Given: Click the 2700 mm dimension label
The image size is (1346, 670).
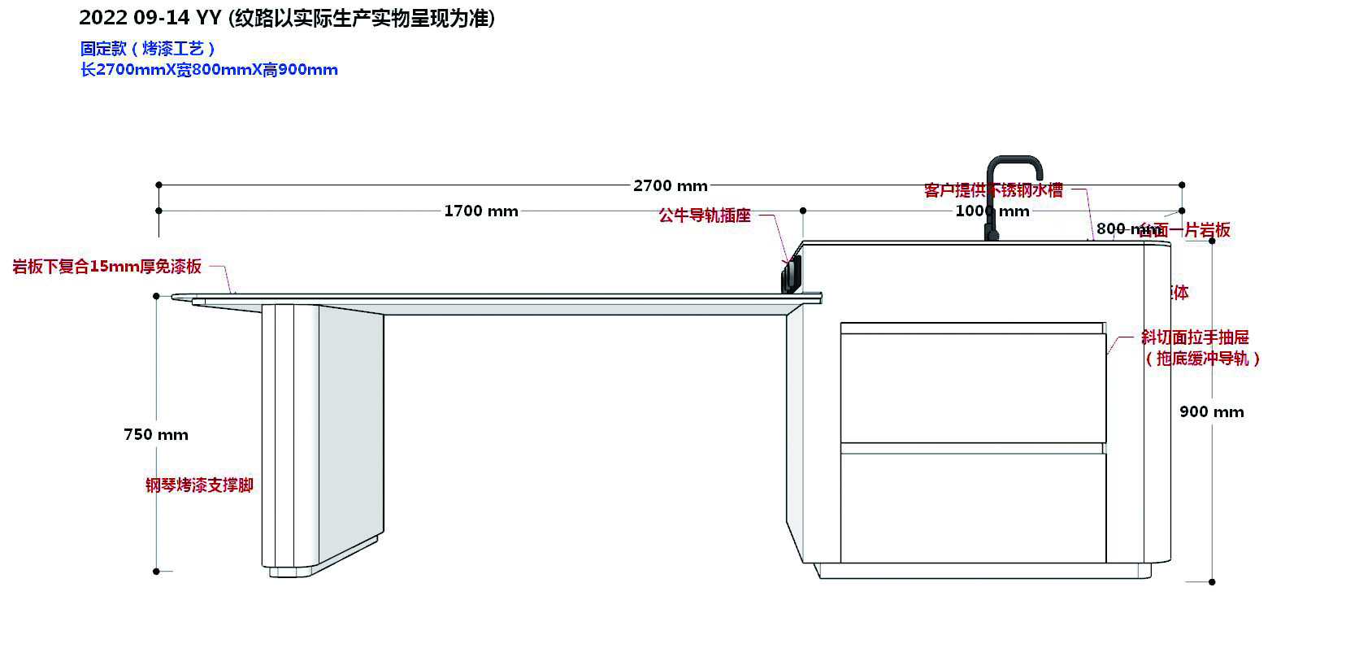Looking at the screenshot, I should (670, 186).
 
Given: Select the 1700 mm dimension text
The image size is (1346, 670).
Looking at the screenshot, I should (480, 211).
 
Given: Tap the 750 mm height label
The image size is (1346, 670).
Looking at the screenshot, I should (155, 435).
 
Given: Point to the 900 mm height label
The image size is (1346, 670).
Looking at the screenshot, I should (1211, 412).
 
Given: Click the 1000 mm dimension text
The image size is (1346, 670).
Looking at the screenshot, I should (992, 211).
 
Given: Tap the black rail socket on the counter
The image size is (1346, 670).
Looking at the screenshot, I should (791, 275).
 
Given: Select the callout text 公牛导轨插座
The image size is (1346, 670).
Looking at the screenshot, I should (705, 216).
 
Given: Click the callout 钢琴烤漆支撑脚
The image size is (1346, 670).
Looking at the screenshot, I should (199, 485).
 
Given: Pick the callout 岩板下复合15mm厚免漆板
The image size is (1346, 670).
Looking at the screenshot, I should (106, 267).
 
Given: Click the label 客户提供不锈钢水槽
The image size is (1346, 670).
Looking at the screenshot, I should (993, 190).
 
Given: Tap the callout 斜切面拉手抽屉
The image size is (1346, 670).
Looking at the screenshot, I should (1194, 337).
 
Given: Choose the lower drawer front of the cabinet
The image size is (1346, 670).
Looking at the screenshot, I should (972, 507).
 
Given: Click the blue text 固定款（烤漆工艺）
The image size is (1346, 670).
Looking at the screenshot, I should (147, 50).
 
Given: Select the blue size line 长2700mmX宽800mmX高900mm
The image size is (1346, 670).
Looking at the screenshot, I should (209, 70).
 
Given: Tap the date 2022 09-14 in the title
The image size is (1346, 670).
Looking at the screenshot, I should (134, 18).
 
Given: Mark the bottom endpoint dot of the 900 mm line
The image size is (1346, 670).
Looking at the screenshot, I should (1211, 581).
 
